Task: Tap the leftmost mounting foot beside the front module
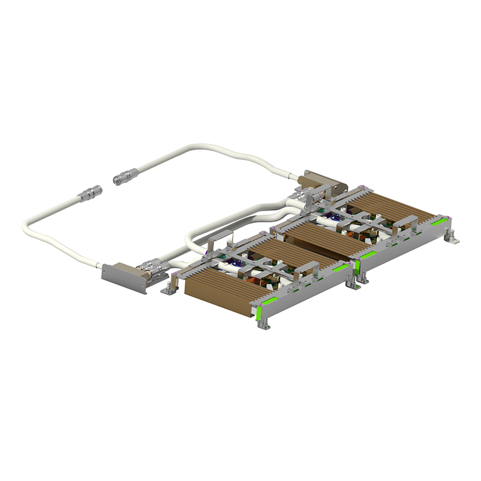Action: coord(170,289)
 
